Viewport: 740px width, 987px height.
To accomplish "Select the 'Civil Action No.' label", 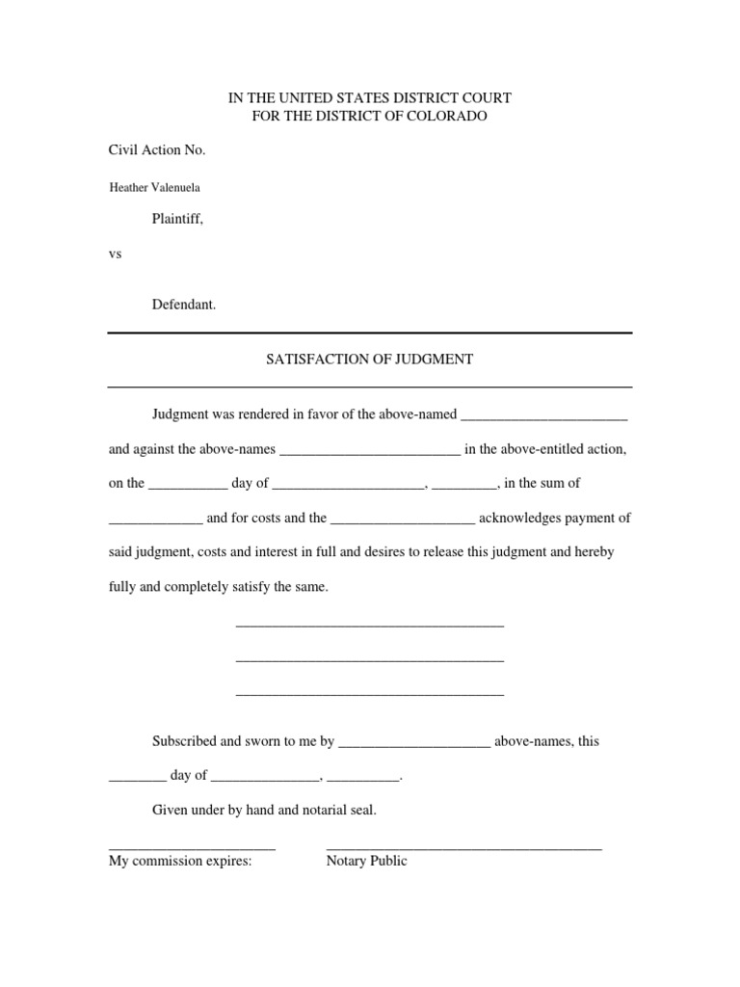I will [x=157, y=150].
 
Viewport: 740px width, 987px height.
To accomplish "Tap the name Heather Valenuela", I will [x=154, y=188].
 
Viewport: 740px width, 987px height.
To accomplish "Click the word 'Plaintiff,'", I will [x=177, y=219].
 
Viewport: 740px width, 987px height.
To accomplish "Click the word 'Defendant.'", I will [x=184, y=305].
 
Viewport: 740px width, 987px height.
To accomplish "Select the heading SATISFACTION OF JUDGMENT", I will [x=369, y=360].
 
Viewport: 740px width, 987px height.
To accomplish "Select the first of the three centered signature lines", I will [x=370, y=627].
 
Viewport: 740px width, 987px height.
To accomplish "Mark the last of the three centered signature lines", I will [x=370, y=694].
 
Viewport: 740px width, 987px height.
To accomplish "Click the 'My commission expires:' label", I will [x=180, y=861].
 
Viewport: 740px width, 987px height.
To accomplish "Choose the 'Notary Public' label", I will [x=366, y=861].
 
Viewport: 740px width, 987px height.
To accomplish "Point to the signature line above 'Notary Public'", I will [x=464, y=848].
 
